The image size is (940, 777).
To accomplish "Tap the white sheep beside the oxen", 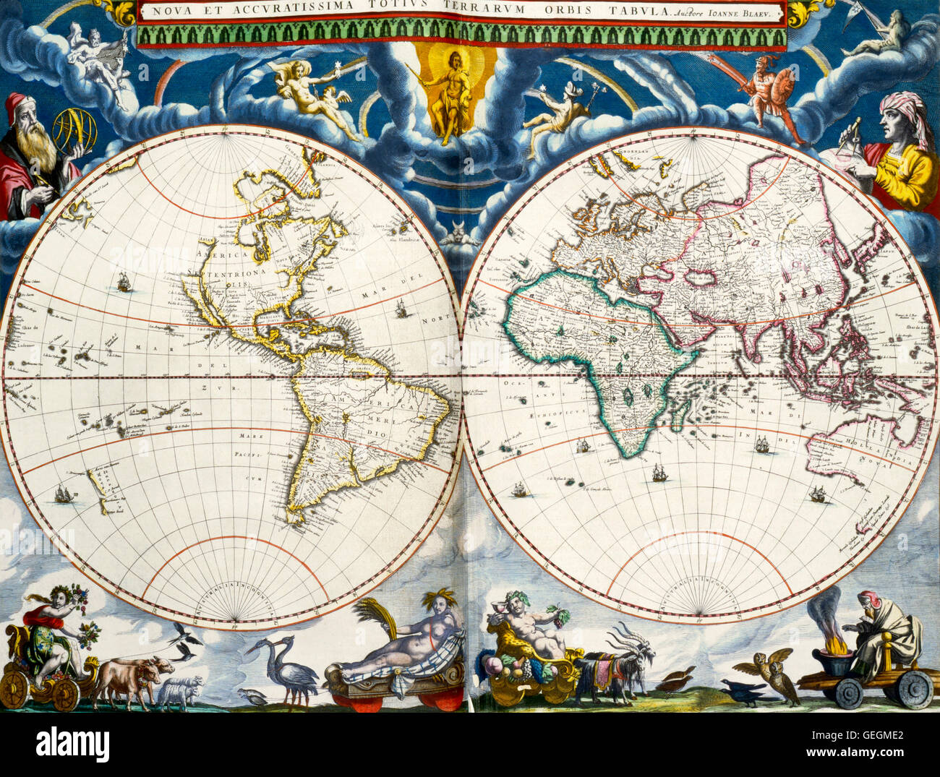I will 181,690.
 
